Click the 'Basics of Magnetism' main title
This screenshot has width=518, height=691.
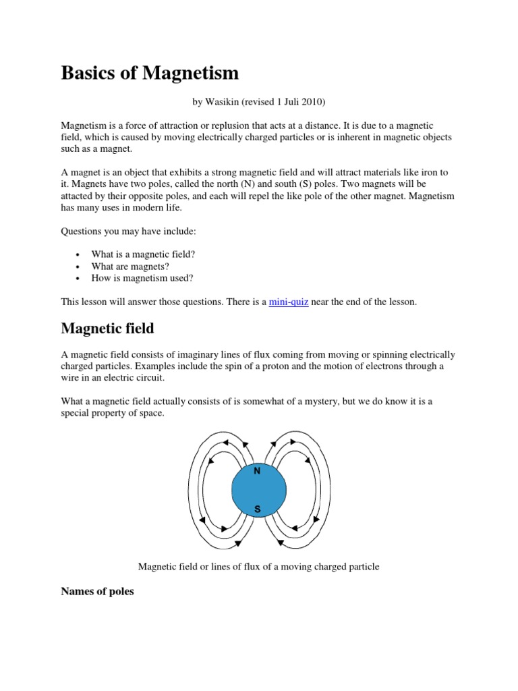click(150, 73)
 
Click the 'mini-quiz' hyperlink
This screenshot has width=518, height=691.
click(289, 302)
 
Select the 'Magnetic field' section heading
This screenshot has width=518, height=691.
click(107, 329)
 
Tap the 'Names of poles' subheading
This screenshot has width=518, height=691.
click(97, 592)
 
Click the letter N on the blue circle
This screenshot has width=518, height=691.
click(257, 471)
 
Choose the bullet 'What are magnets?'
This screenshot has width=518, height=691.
click(130, 267)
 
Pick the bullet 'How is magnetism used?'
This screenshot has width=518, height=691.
click(142, 278)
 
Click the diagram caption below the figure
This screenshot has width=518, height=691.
click(258, 567)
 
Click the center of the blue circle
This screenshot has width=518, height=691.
click(257, 490)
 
